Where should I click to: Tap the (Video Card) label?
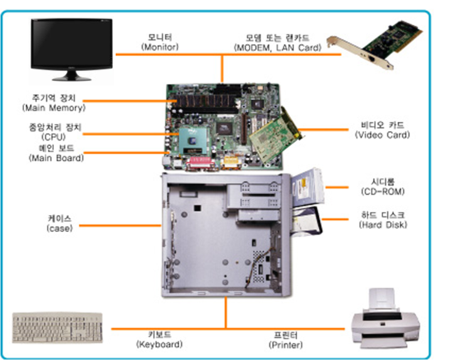click(385, 134)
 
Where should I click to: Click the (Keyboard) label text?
click(159, 344)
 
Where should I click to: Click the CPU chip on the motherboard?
click(190, 140)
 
